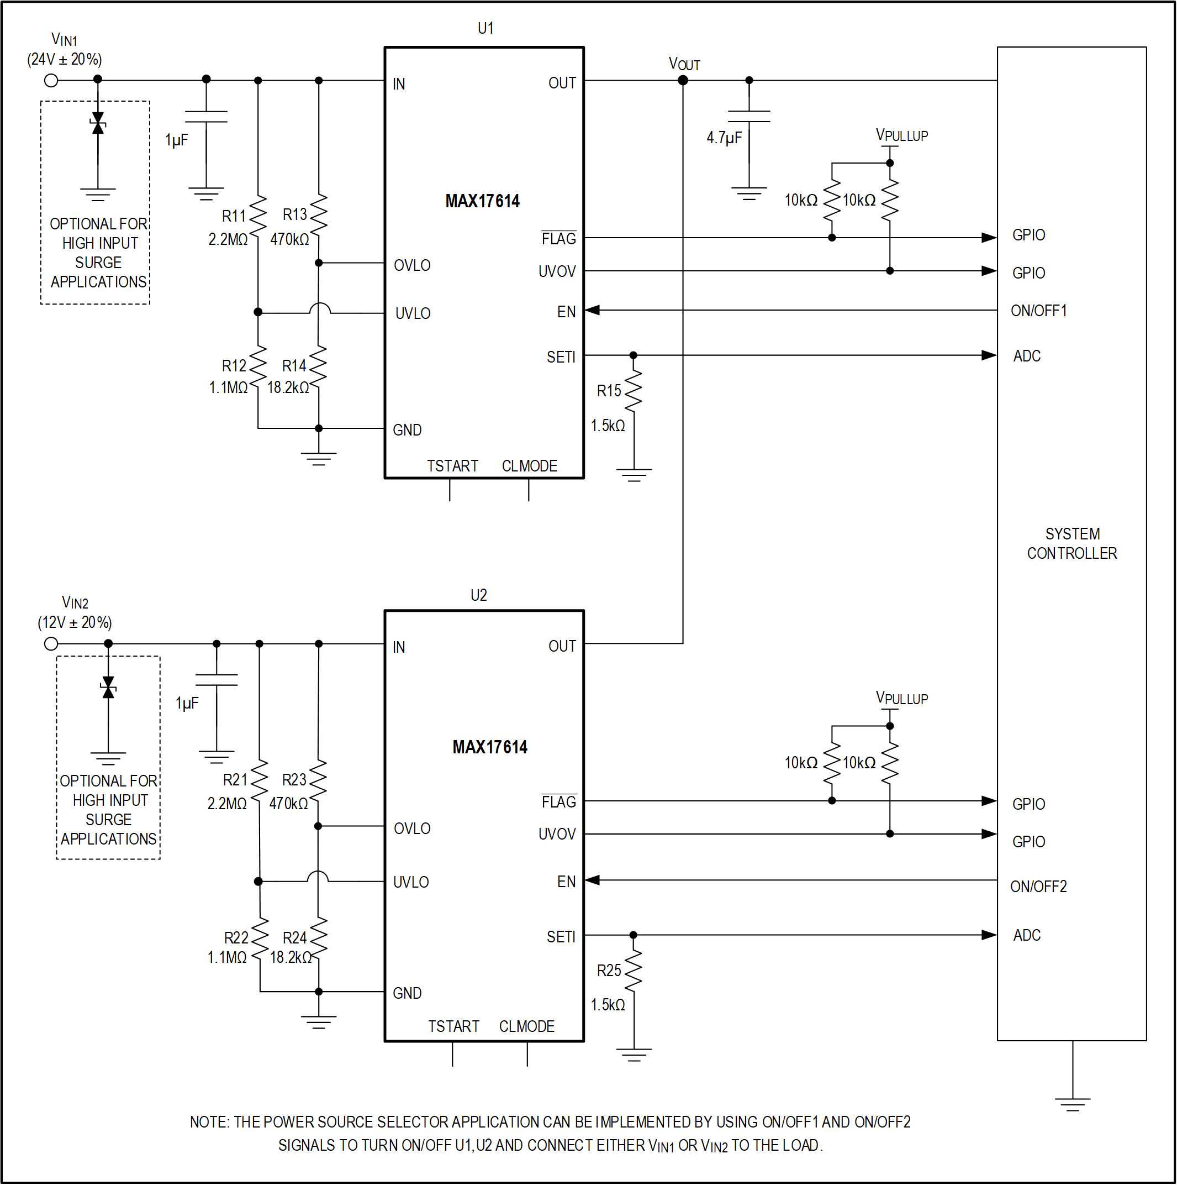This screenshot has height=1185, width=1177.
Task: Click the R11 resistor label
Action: pos(234,216)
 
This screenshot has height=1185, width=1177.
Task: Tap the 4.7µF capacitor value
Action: pos(724,138)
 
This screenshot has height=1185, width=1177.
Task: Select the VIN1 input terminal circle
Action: pos(51,80)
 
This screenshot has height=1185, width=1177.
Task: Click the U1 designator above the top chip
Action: pos(485,28)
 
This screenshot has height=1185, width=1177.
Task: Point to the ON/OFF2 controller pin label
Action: pos(1038,887)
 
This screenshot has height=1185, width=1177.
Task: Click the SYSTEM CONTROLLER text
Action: pos(1072,543)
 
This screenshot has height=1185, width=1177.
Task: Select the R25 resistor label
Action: pos(609,971)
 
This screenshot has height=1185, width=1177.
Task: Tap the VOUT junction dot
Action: pos(683,80)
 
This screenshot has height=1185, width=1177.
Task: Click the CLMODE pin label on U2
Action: pos(526,1027)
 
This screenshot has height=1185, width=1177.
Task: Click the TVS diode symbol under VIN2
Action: pos(108,688)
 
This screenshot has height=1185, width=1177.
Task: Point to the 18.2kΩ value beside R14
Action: pos(288,387)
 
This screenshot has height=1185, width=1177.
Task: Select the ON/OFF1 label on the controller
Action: pos(1038,311)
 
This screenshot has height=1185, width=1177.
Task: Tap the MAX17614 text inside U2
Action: pos(490,747)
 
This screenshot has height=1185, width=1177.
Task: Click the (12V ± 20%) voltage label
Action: pos(75,622)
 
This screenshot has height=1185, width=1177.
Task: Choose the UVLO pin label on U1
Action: pos(413,313)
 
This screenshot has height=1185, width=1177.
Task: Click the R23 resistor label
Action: pos(294,780)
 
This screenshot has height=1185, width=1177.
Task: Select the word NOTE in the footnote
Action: pos(208,1123)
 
